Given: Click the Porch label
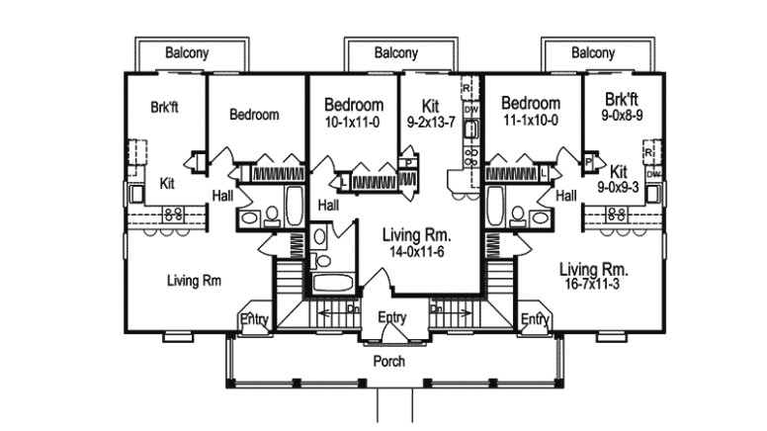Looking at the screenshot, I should pyautogui.click(x=388, y=362).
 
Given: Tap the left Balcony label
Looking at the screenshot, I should pyautogui.click(x=186, y=53).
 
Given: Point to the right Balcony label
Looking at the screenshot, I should pyautogui.click(x=592, y=53).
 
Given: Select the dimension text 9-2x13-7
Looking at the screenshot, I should pyautogui.click(x=430, y=123).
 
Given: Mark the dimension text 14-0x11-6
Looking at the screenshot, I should pyautogui.click(x=416, y=253).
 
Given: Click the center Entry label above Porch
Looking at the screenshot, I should pyautogui.click(x=392, y=317).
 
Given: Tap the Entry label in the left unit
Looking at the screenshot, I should pyautogui.click(x=254, y=318).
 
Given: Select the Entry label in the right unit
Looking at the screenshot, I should pyautogui.click(x=534, y=318).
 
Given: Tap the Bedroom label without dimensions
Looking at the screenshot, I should pyautogui.click(x=254, y=115).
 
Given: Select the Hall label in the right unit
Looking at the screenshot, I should pyautogui.click(x=566, y=197).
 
